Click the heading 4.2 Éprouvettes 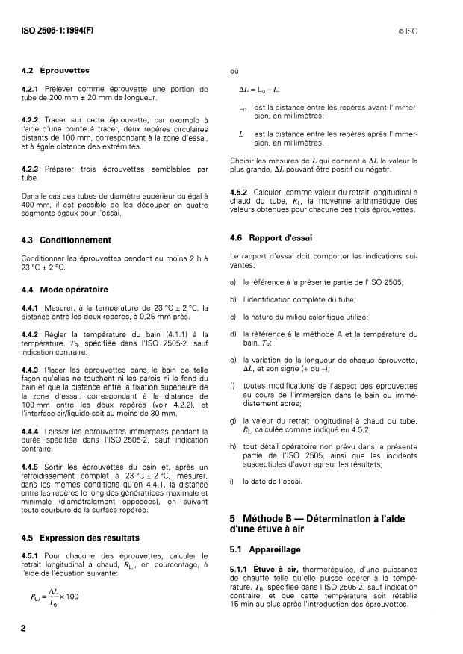[55, 71]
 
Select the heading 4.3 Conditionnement [66, 240]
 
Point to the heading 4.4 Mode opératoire [65, 289]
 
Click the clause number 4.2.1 [31, 89]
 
